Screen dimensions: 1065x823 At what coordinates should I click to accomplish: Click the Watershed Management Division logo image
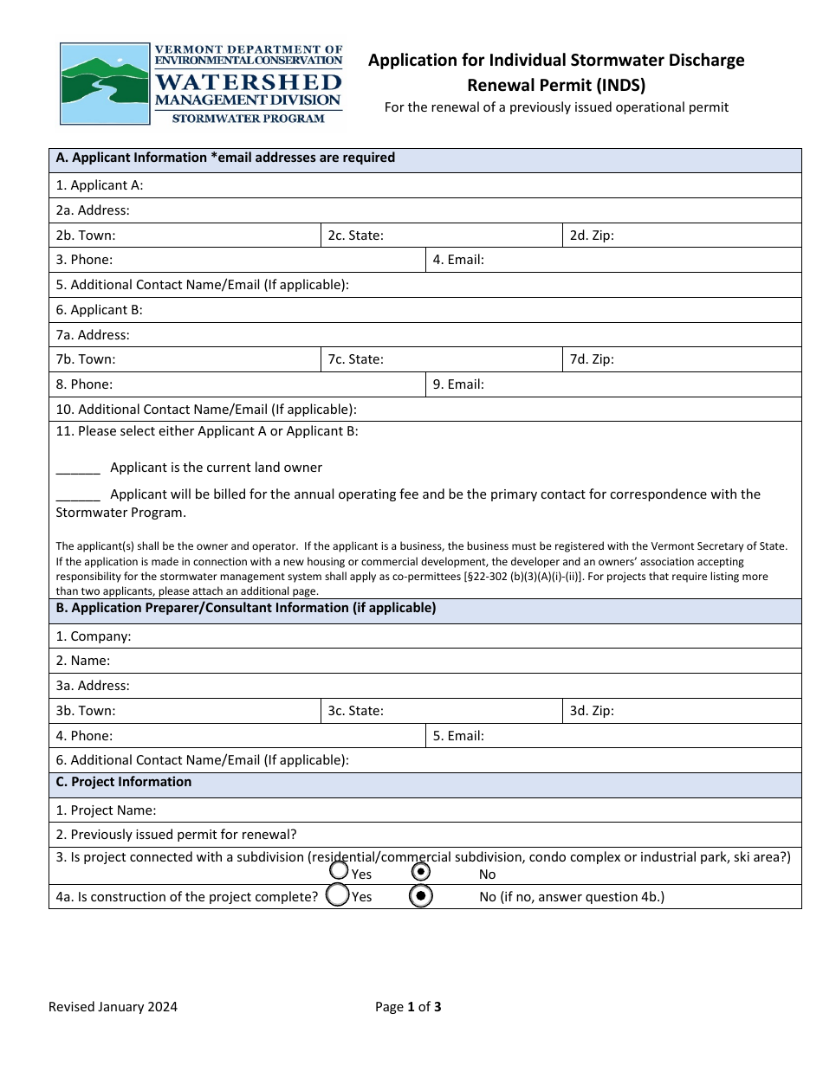201,84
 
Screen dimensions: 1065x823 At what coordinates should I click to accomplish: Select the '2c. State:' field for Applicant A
472,236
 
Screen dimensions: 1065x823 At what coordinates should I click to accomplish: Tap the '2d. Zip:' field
706,236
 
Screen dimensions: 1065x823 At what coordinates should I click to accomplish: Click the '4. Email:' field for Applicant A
641,260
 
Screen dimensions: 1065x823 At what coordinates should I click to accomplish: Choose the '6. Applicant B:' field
468,310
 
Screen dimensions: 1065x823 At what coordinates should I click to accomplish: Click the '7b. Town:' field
217,359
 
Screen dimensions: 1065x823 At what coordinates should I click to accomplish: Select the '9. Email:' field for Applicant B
641,384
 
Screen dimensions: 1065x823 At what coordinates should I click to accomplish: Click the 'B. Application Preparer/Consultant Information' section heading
245,609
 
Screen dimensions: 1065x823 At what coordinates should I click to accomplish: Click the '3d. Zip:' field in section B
706,711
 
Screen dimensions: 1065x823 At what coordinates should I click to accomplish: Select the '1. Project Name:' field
476,810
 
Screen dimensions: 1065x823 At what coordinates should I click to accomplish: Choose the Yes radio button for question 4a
338,895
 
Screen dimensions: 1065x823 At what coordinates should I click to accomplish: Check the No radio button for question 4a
420,896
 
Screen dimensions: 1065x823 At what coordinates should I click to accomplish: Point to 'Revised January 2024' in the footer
113,1007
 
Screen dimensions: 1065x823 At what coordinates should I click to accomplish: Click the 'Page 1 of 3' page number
408,1007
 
